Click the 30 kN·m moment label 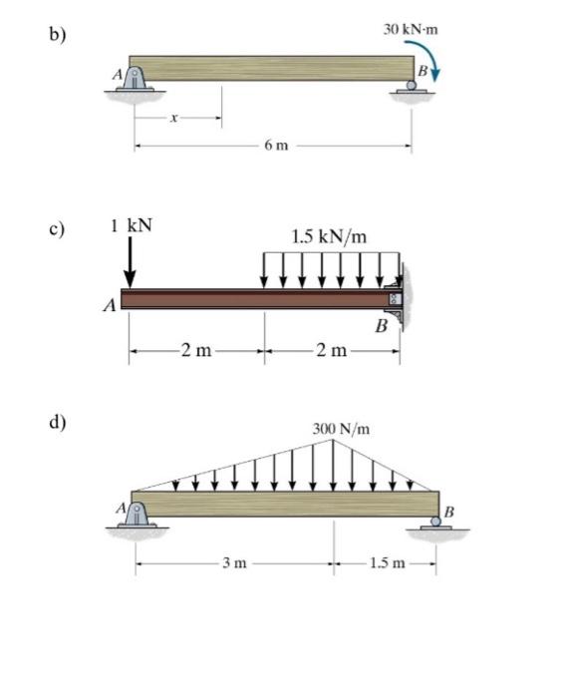411,29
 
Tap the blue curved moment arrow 427,52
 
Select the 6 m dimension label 276,146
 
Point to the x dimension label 174,118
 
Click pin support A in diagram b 135,79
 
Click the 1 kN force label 132,225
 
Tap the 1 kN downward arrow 130,262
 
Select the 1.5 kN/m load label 329,236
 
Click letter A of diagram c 110,305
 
